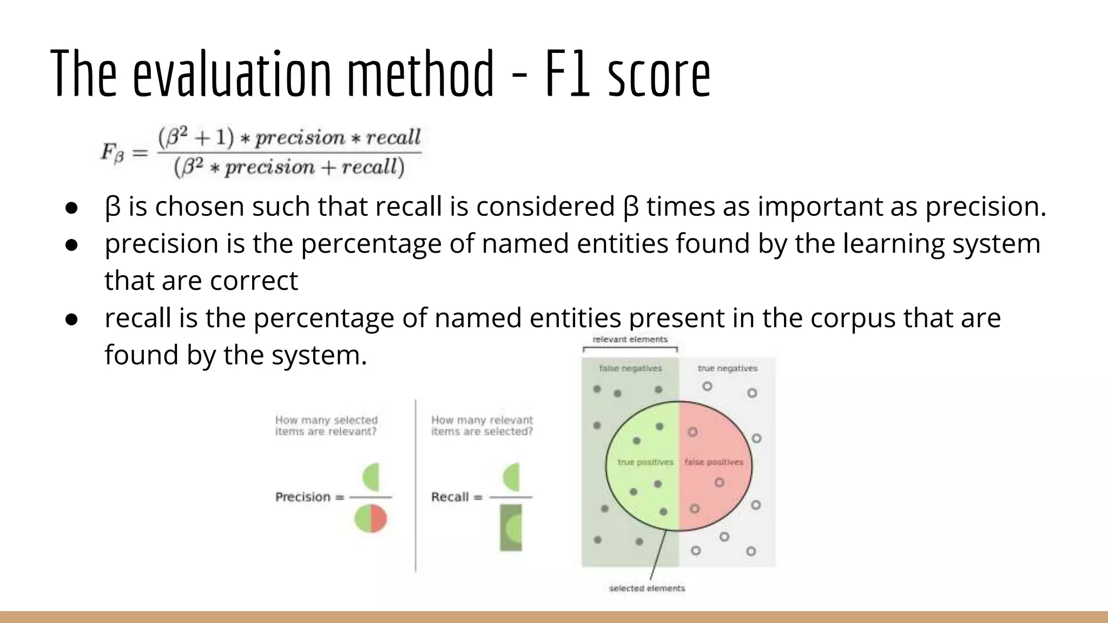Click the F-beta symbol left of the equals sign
[x=113, y=153]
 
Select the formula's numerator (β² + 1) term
[x=196, y=138]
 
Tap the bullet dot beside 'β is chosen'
[x=72, y=208]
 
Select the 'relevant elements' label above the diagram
[x=630, y=340]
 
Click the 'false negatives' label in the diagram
[x=630, y=368]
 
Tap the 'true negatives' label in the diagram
[x=727, y=368]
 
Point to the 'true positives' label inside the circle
[x=645, y=462]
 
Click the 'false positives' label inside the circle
[x=714, y=462]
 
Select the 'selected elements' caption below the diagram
[x=647, y=588]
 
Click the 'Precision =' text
[x=309, y=497]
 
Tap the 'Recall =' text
[x=456, y=497]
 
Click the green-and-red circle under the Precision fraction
[x=371, y=519]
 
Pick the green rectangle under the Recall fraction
[x=511, y=528]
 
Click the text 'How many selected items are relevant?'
[x=326, y=426]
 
